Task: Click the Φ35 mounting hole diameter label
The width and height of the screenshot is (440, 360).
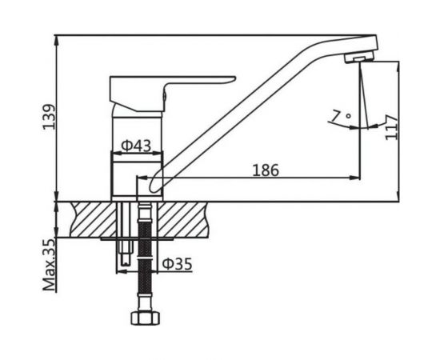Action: click(177, 263)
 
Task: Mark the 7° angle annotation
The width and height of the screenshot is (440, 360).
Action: click(340, 118)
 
